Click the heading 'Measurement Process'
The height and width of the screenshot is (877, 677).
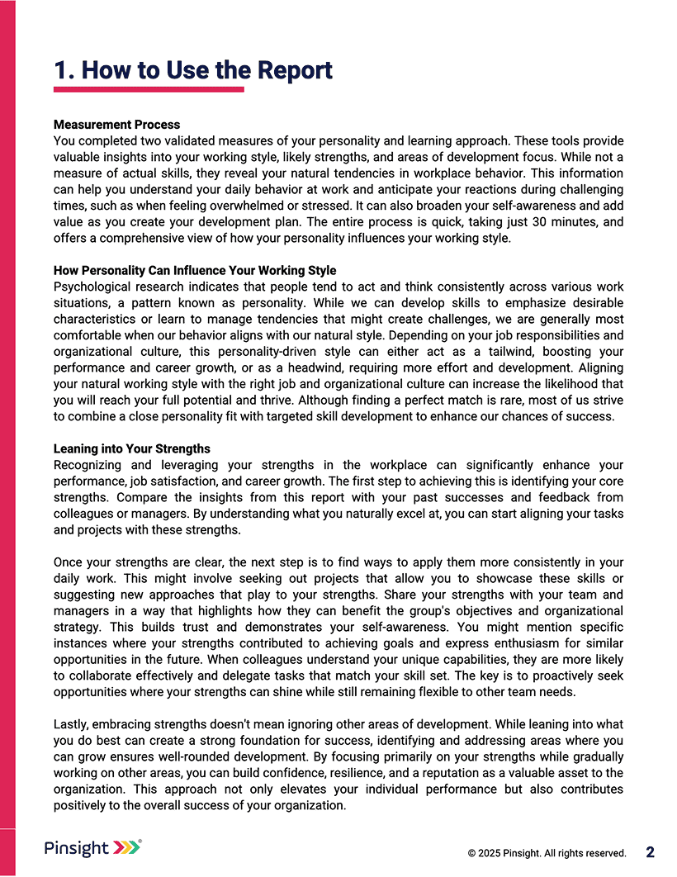coord(116,125)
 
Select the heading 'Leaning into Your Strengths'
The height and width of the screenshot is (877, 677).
coord(132,449)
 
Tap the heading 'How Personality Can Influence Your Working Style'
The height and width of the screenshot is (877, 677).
coord(195,271)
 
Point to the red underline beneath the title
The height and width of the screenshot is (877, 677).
coord(149,89)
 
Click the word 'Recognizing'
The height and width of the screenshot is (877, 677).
coord(89,465)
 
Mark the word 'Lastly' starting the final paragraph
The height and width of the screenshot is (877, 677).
coord(70,724)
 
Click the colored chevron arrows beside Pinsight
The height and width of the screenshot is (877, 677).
coord(126,847)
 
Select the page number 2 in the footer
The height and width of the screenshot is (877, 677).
coord(651,852)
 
